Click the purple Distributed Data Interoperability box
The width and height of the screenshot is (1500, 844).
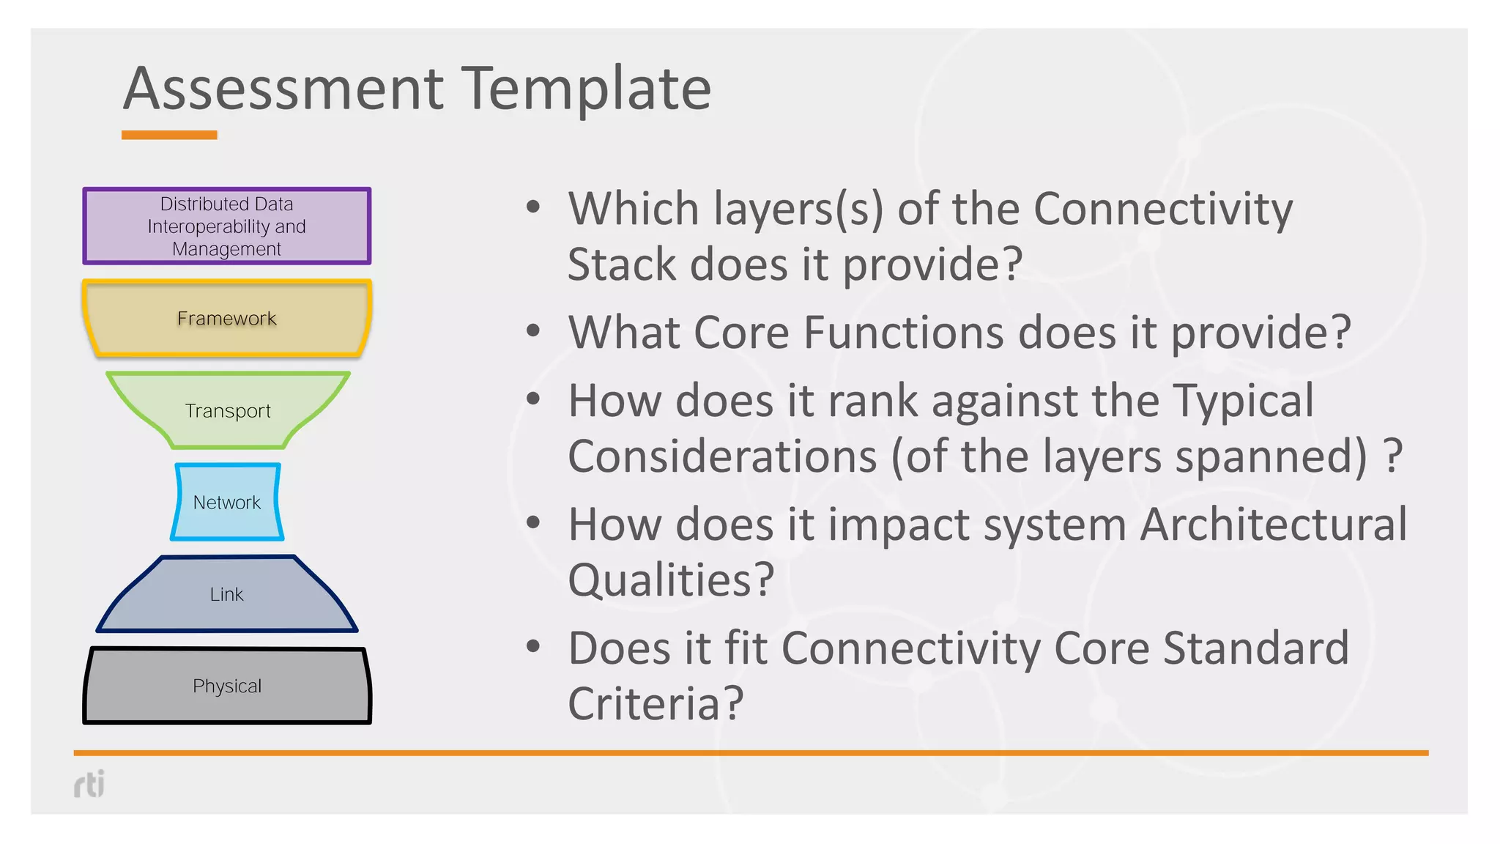pos(227,226)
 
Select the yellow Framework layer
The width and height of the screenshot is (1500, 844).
pos(227,319)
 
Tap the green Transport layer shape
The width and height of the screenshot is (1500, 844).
pos(227,410)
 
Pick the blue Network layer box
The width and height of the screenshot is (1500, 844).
pos(227,503)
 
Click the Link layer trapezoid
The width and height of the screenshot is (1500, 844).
pos(227,594)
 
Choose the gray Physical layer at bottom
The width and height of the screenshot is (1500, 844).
pos(227,686)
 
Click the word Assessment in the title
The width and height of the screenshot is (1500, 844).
pos(283,89)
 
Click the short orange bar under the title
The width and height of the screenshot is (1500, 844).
pos(169,135)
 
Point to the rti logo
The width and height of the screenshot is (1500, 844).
pos(89,784)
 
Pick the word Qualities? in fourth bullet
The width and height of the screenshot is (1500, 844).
pos(671,580)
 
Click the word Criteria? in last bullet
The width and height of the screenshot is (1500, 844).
pos(656,704)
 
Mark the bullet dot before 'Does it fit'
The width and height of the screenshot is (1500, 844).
pos(533,647)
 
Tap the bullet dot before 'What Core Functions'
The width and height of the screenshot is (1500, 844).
pos(533,331)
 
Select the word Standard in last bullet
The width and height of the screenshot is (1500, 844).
pos(1255,648)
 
